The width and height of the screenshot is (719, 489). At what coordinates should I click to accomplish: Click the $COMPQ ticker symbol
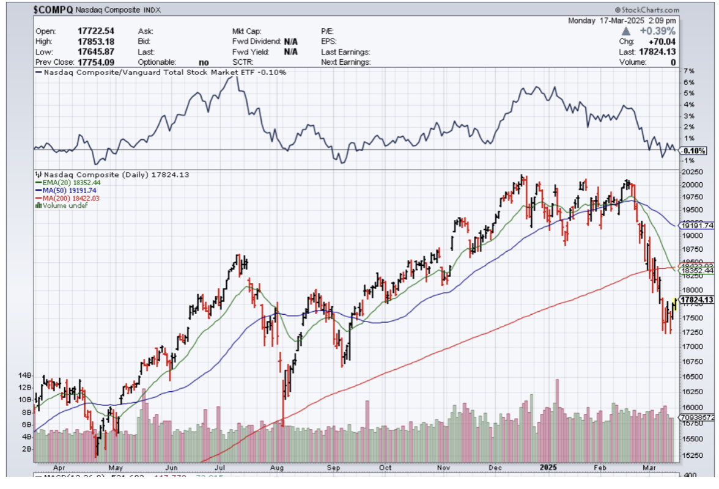click(53, 10)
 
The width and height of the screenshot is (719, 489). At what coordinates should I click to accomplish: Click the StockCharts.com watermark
click(647, 10)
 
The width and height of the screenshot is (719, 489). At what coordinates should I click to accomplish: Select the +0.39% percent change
click(657, 31)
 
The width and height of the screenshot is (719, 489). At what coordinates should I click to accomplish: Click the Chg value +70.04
click(662, 41)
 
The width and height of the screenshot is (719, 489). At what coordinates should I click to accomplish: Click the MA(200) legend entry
click(69, 197)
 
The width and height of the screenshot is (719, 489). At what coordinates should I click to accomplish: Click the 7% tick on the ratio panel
click(689, 72)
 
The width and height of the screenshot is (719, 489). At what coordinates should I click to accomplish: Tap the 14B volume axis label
click(25, 375)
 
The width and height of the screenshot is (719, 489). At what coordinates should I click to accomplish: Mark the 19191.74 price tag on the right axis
click(698, 225)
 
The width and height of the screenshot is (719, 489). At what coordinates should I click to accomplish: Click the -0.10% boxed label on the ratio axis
click(695, 150)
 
